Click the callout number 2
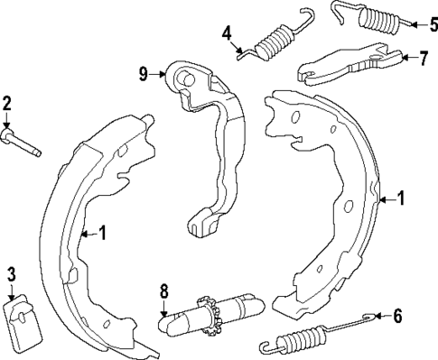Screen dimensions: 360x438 click(x=7, y=103)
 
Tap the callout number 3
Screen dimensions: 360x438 click(x=11, y=273)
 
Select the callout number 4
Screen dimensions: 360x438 click(x=228, y=35)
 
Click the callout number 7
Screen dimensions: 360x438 click(x=424, y=59)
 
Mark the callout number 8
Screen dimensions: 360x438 click(x=163, y=291)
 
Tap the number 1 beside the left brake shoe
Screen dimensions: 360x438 click(x=102, y=234)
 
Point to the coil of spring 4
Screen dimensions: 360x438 click(x=273, y=41)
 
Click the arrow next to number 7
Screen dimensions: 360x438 click(x=405, y=59)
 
